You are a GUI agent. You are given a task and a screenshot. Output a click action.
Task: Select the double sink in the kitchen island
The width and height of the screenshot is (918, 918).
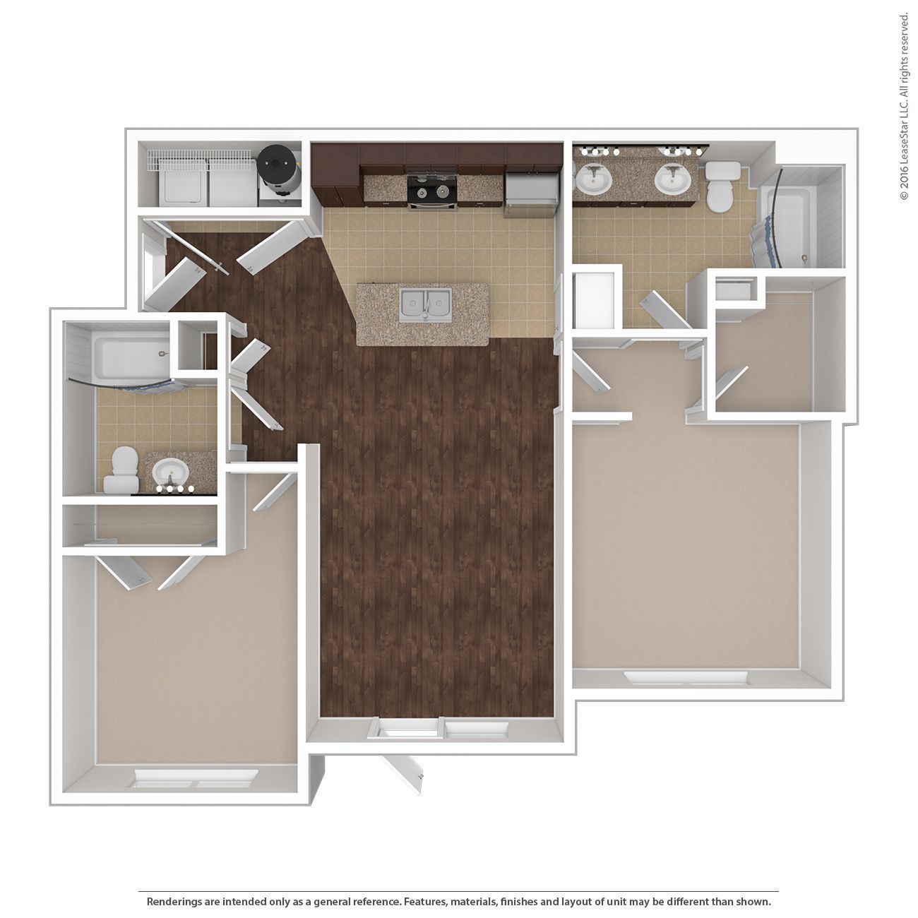pyautogui.click(x=424, y=306)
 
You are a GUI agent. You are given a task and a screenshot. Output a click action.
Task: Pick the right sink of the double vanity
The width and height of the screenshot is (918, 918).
pyautogui.click(x=672, y=179)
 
